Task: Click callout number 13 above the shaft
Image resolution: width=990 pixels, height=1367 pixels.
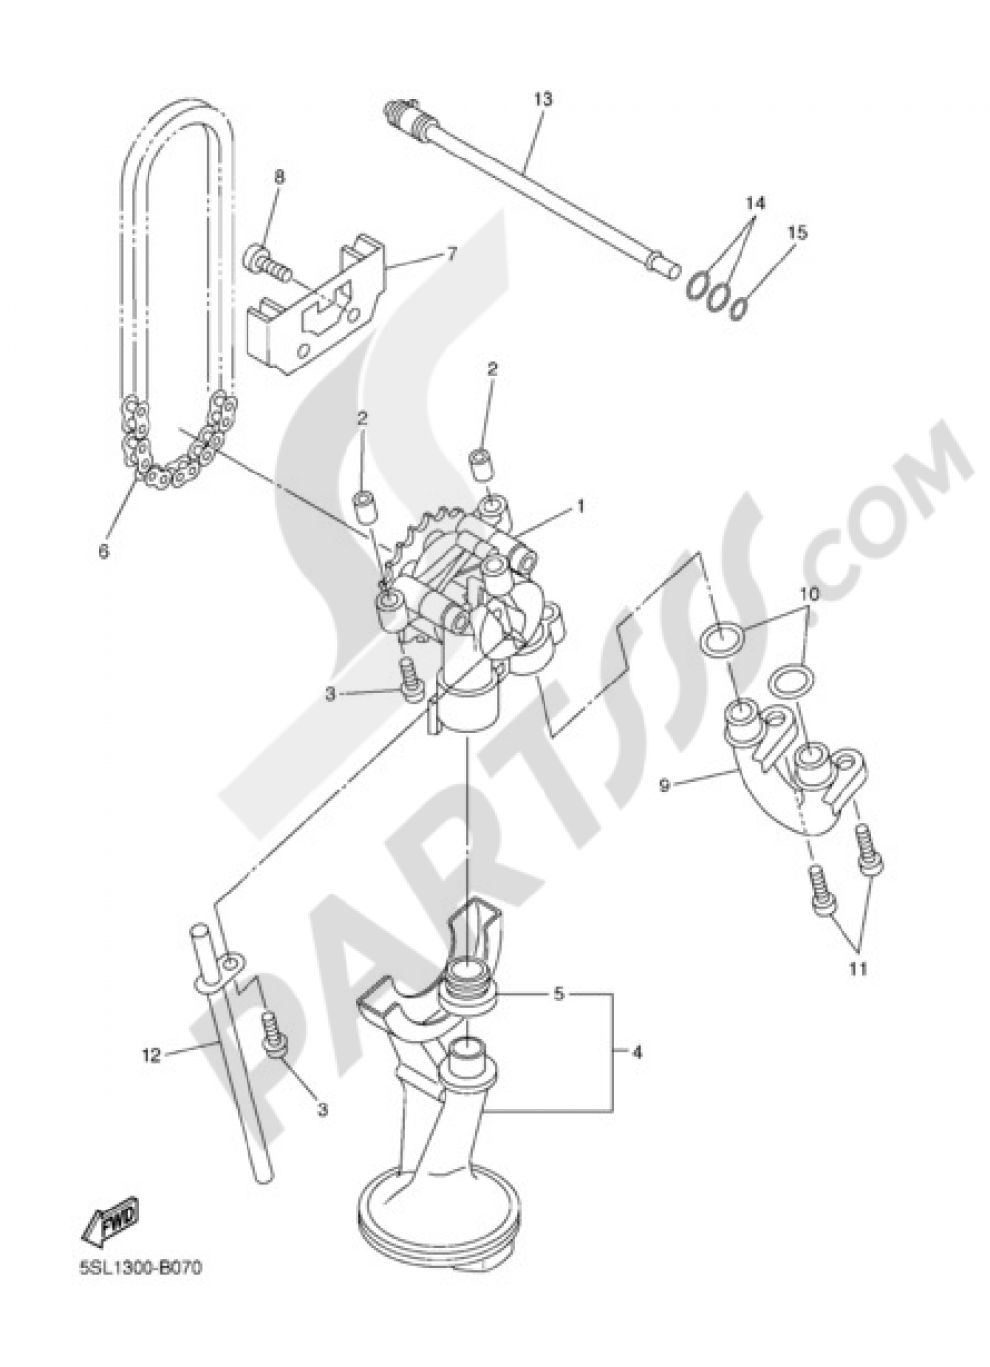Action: pos(542,99)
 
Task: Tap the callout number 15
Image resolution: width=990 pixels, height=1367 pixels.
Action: pos(798,233)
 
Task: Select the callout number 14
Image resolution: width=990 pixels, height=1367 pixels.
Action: pos(756,202)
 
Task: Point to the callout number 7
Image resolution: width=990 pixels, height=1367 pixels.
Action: pos(451,254)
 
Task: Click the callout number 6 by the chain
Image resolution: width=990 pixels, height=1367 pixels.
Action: pos(104,551)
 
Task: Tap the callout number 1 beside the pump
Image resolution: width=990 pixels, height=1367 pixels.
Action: pos(581,506)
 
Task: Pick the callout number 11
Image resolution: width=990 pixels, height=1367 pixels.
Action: pos(857,967)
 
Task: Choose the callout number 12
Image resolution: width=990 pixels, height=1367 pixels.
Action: pos(149,1056)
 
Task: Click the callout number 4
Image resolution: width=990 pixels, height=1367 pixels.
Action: pos(636,1053)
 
